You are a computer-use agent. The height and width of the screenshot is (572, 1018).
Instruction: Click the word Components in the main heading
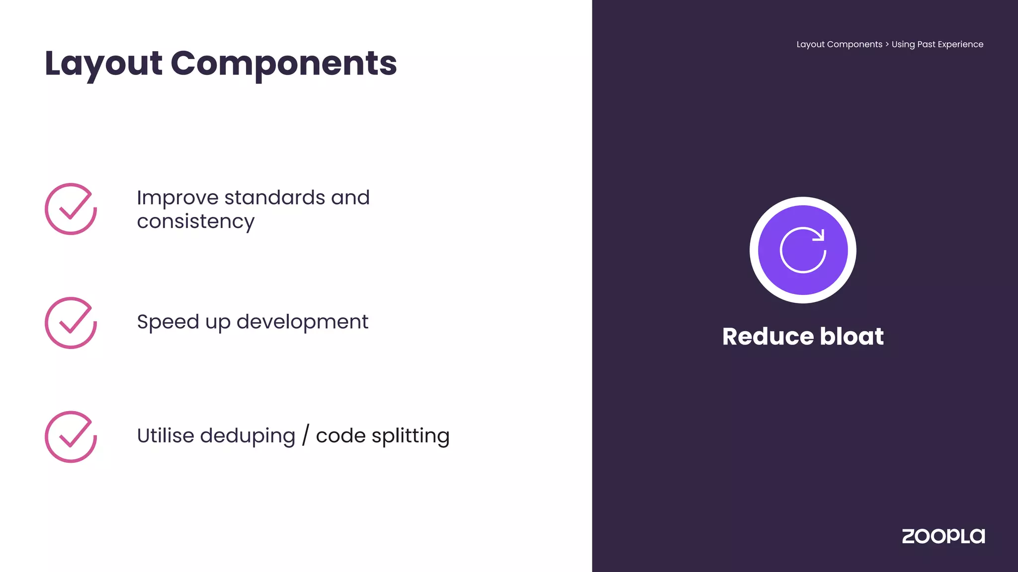pyautogui.click(x=283, y=64)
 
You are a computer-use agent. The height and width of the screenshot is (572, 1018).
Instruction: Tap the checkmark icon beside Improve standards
pyautogui.click(x=71, y=209)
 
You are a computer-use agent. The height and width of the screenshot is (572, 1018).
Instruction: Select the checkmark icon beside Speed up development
pyautogui.click(x=71, y=323)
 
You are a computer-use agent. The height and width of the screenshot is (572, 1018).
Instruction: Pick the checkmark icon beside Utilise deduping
pyautogui.click(x=71, y=437)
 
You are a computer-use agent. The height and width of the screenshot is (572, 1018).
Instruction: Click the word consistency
pyautogui.click(x=195, y=221)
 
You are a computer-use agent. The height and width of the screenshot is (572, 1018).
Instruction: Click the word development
pyautogui.click(x=302, y=322)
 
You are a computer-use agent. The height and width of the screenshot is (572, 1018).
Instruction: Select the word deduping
pyautogui.click(x=247, y=435)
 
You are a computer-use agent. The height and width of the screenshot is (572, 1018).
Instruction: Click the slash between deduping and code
pyautogui.click(x=305, y=435)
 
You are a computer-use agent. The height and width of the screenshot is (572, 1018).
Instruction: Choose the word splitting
pyautogui.click(x=410, y=435)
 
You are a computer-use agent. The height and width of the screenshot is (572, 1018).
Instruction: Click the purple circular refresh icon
pyautogui.click(x=803, y=250)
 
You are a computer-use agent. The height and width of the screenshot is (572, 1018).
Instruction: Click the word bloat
pyautogui.click(x=851, y=336)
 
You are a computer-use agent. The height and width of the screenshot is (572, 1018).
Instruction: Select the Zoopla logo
pyautogui.click(x=943, y=536)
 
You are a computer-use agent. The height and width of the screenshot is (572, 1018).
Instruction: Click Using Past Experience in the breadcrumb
pyautogui.click(x=937, y=44)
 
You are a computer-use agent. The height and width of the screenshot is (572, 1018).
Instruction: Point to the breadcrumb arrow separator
pyautogui.click(x=887, y=44)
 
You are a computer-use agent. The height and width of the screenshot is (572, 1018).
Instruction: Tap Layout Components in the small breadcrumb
pyautogui.click(x=839, y=44)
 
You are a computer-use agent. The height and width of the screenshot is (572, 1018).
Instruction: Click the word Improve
pyautogui.click(x=177, y=198)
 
